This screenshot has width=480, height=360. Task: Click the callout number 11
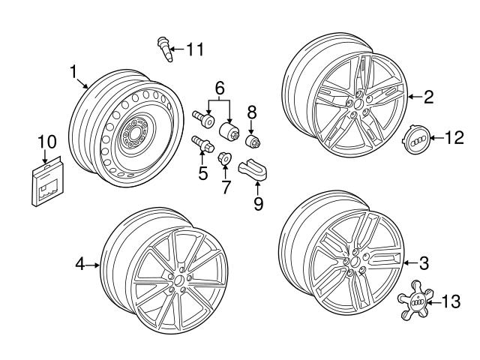pyautogui.click(x=195, y=50)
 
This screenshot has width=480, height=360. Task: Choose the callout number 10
pyautogui.click(x=46, y=141)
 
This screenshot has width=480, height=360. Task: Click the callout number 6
pyautogui.click(x=219, y=88)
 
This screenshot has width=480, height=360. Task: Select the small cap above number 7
pyautogui.click(x=223, y=157)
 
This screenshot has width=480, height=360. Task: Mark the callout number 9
pyautogui.click(x=257, y=203)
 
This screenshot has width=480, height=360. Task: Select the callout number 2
pyautogui.click(x=428, y=96)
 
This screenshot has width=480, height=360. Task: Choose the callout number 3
pyautogui.click(x=424, y=262)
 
